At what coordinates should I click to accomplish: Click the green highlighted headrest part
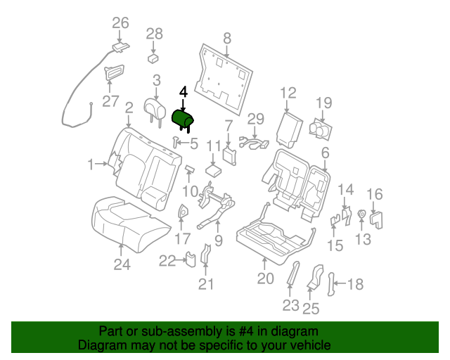[182, 118]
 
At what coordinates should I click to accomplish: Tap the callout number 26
[120, 23]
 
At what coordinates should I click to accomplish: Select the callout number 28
[154, 34]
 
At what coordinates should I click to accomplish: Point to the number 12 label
[288, 93]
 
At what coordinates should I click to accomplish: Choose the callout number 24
[122, 264]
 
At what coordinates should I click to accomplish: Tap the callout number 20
[264, 278]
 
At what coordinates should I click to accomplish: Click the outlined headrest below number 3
[153, 106]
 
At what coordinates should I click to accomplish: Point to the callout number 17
[182, 238]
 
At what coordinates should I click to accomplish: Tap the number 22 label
[167, 262]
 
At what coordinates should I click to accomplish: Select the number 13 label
[362, 240]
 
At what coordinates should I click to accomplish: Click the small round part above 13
[361, 214]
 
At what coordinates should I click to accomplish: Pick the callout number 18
[356, 284]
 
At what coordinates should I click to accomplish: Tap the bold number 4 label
[184, 91]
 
